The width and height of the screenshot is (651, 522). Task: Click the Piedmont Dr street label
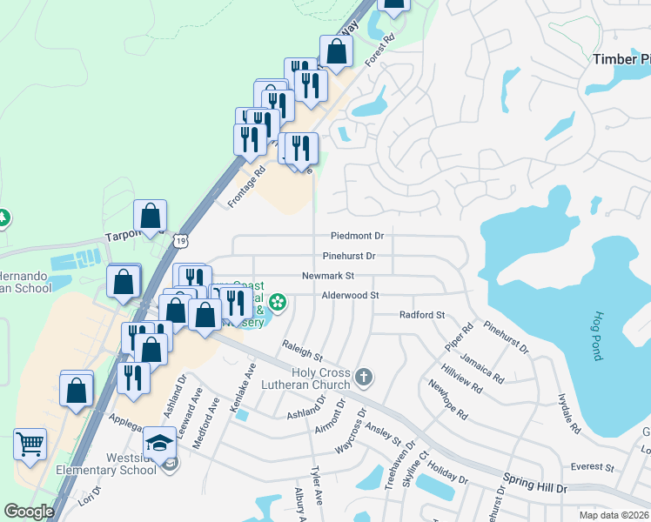(357, 236)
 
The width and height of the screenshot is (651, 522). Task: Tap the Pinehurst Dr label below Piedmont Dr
(348, 256)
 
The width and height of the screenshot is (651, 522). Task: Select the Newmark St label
(328, 276)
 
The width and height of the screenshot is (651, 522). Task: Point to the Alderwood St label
(350, 296)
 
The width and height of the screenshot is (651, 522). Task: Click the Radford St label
(421, 315)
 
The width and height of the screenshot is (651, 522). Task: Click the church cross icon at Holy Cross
(364, 377)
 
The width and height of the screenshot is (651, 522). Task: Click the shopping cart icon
(30, 445)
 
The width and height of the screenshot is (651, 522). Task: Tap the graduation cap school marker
(160, 444)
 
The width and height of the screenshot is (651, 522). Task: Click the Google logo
(29, 512)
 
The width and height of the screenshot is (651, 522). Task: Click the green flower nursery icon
(278, 303)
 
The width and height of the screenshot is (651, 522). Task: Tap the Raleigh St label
(302, 351)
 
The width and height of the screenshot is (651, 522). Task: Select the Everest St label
(594, 467)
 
